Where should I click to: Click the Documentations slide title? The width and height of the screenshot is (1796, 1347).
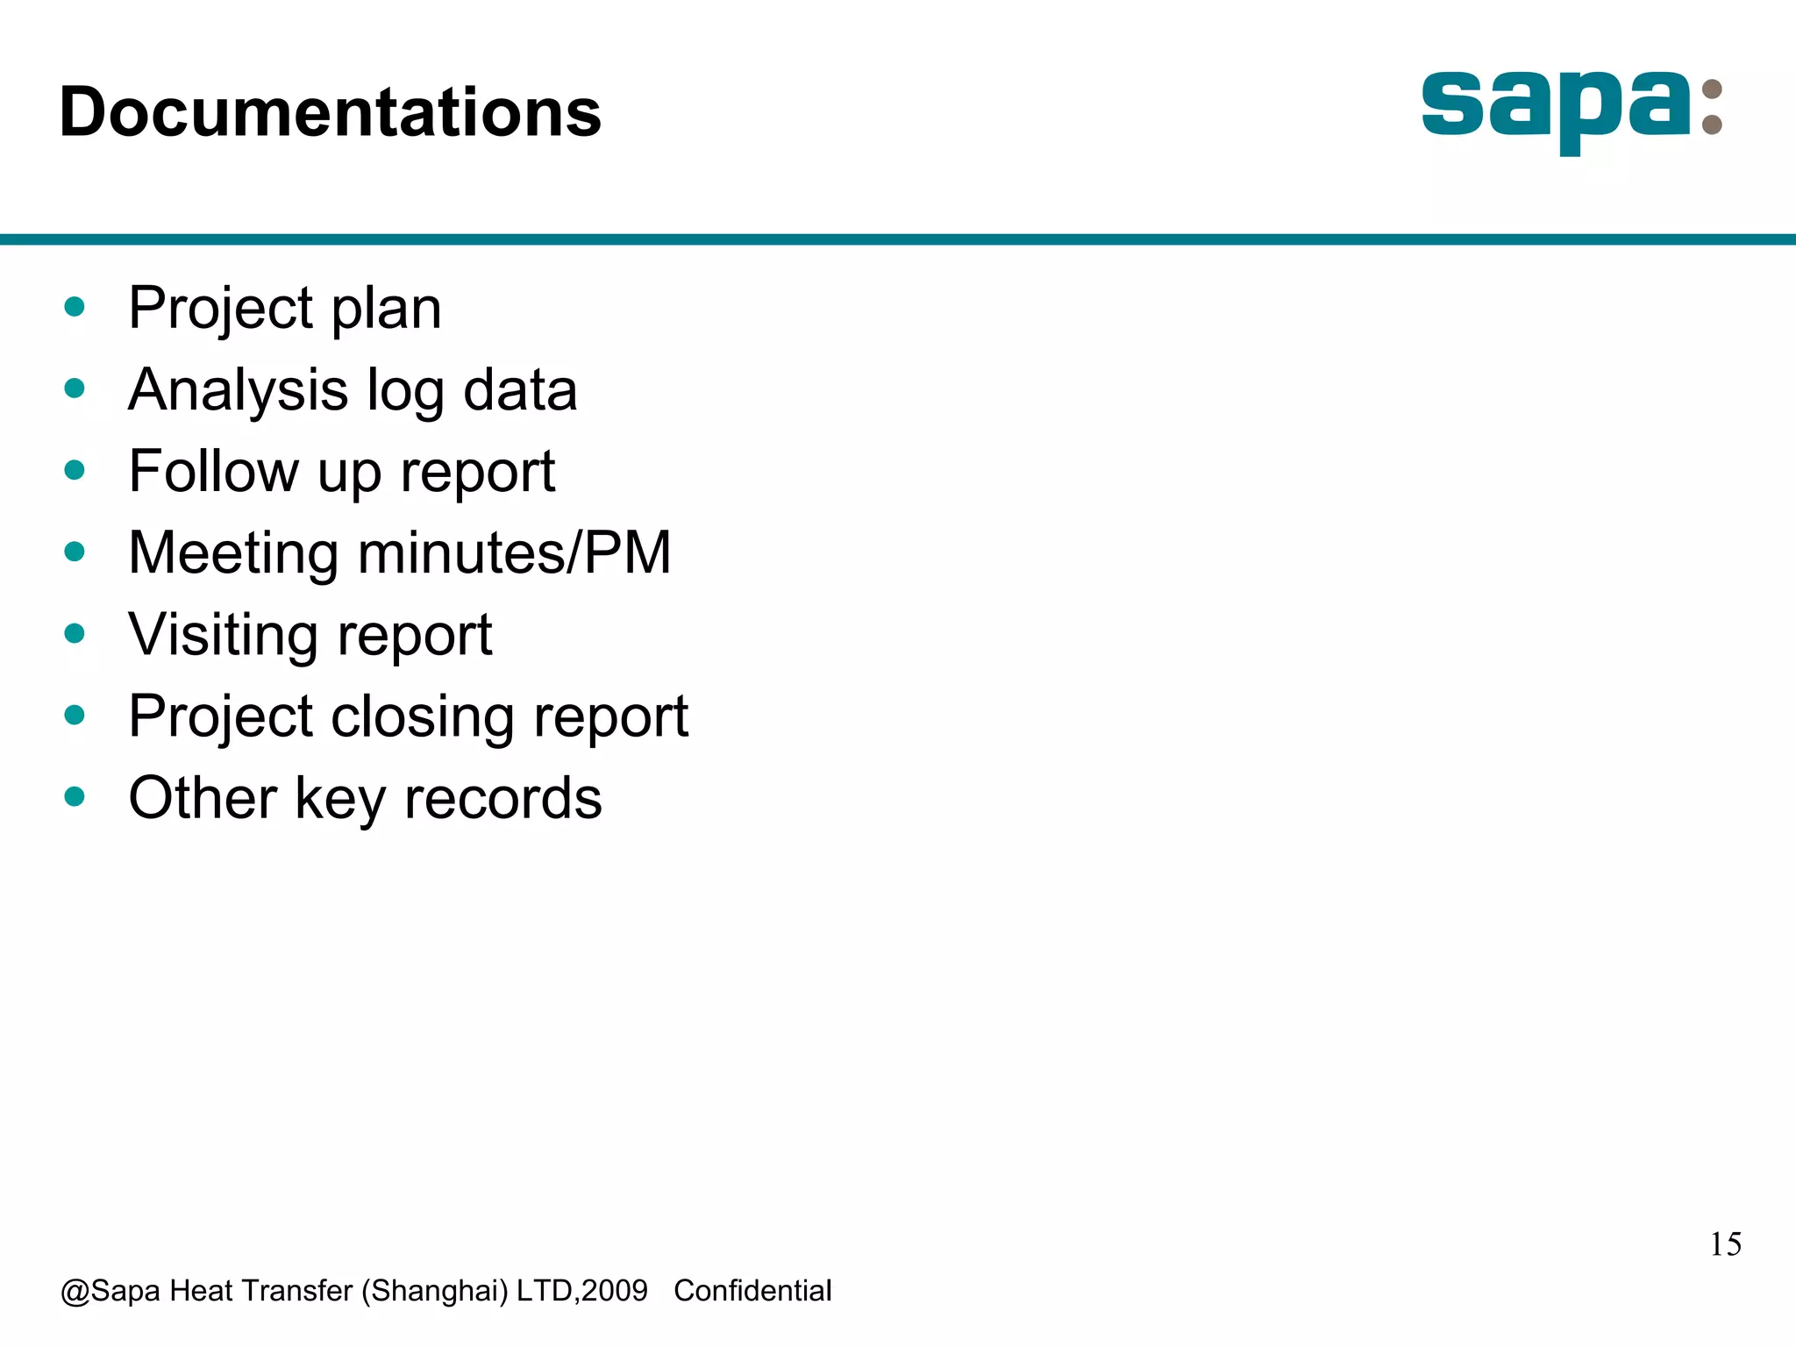click(330, 112)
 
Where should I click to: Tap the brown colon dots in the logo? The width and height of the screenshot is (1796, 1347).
click(1711, 107)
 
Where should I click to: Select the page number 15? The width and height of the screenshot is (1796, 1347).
click(1725, 1244)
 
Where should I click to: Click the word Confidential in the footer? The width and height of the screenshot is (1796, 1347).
click(752, 1291)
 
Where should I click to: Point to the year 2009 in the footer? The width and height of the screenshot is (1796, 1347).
click(614, 1291)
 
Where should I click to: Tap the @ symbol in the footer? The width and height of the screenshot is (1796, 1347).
click(75, 1292)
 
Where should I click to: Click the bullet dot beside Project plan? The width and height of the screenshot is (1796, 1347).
click(75, 307)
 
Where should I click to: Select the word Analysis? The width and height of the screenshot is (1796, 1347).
click(238, 390)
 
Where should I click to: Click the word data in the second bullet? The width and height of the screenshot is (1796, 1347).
click(519, 390)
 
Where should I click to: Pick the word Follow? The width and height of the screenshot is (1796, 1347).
click(213, 472)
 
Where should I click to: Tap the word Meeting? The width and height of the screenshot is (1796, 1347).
click(232, 553)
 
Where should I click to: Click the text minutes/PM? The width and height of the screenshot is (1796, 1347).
click(514, 553)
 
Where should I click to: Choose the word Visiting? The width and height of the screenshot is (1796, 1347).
click(222, 635)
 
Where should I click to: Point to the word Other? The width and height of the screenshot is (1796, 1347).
click(202, 798)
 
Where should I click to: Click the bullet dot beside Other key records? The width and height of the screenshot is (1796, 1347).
click(75, 797)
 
